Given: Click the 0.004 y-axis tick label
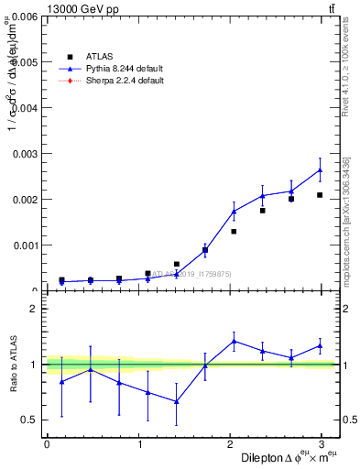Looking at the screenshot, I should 23,108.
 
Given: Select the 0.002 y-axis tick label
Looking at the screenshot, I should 23,200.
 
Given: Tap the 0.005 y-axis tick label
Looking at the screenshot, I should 23,62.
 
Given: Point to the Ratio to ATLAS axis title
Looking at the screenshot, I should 12,365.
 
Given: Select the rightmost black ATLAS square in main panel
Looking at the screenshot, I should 320,195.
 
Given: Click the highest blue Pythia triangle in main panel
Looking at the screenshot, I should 320,170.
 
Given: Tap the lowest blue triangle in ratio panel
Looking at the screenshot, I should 176,401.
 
